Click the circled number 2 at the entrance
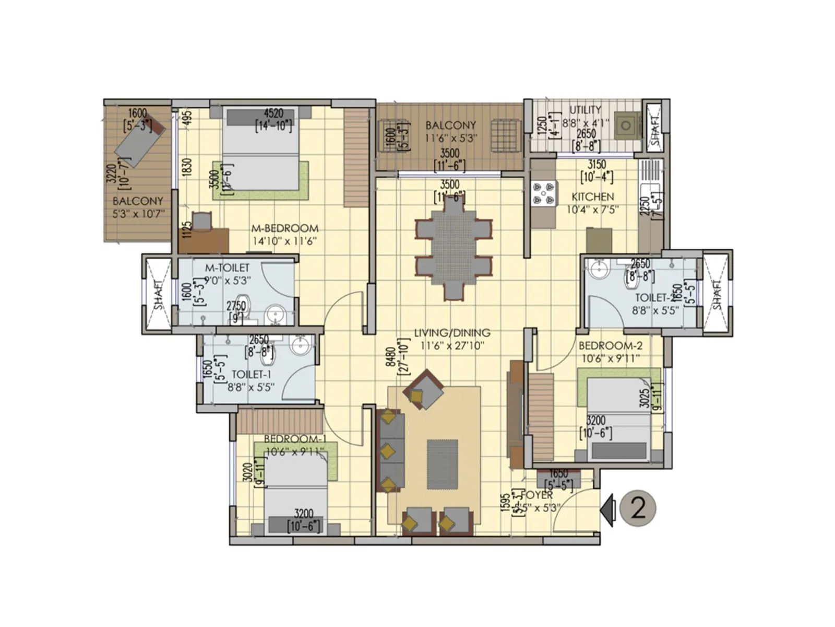(638, 507)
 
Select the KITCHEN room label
(592, 197)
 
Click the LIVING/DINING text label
(452, 332)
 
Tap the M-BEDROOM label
(284, 228)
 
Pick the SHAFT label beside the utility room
(655, 126)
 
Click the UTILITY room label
(584, 110)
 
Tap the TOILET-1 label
(251, 374)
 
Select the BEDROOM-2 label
(610, 345)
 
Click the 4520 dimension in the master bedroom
(273, 113)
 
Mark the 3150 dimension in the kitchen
(597, 165)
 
